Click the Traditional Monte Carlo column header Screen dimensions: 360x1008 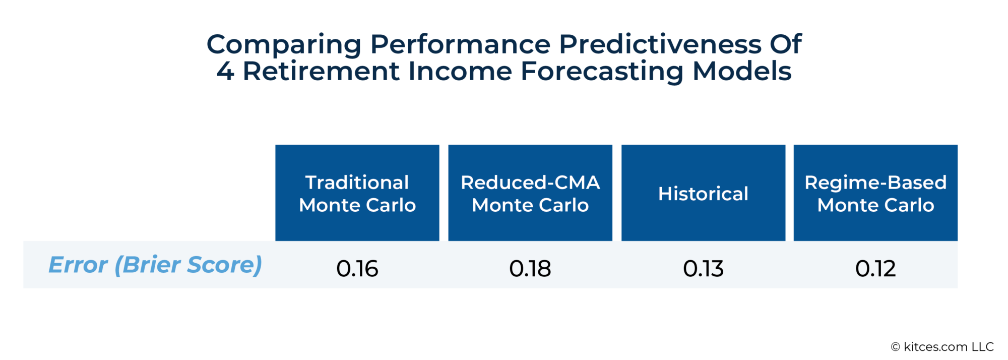pos(357,193)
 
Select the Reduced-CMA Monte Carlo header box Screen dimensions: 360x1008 pos(530,193)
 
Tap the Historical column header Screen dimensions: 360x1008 pos(703,194)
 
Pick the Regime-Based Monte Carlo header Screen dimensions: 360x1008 pos(875,193)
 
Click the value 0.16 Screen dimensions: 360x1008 pos(357,268)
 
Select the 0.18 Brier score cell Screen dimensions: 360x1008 pos(530,268)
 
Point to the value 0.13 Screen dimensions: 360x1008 pos(703,268)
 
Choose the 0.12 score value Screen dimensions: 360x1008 pos(875,268)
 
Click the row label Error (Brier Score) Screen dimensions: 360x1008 pos(155,265)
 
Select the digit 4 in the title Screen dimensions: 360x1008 pos(225,71)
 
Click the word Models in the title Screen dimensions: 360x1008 pos(742,71)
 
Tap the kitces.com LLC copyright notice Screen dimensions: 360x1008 pos(942,347)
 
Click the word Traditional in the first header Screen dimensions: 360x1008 pos(357,183)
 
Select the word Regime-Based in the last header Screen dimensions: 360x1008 pos(875,183)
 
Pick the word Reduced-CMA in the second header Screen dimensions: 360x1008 pos(530,183)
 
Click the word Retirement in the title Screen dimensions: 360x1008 pos(322,71)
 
